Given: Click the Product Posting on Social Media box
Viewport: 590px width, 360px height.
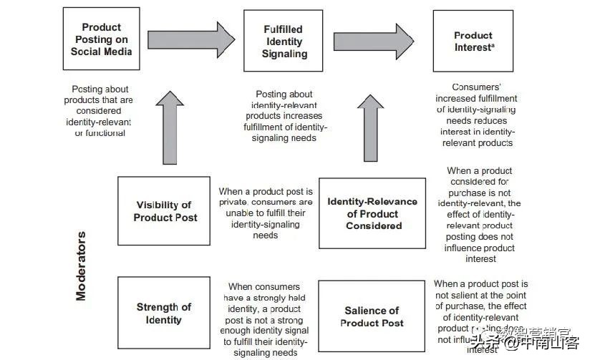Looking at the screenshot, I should [102, 39].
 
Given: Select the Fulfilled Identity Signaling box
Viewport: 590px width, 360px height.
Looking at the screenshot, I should [284, 41].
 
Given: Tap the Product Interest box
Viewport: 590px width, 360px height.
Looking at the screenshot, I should [473, 41].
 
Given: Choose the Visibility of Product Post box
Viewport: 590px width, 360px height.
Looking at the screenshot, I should [164, 211].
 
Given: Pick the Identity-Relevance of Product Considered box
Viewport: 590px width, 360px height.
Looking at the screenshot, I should [372, 213].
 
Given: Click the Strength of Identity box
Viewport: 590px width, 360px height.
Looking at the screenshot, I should [164, 313].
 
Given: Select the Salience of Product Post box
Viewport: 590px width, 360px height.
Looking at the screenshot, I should [372, 316].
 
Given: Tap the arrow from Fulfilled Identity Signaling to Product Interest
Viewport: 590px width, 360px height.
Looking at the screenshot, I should [372, 40].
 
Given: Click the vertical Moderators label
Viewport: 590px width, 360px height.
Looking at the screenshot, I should [81, 265].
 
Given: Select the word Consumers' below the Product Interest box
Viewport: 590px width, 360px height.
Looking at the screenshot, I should [477, 87].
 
